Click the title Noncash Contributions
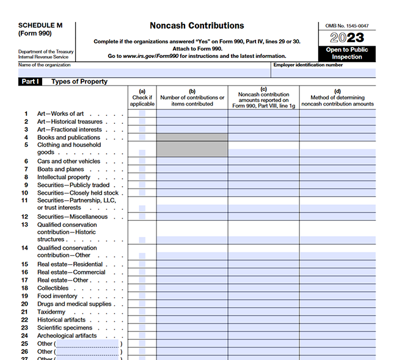click(x=197, y=26)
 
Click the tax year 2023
click(x=346, y=38)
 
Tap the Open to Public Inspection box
click(x=346, y=53)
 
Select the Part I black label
click(x=30, y=81)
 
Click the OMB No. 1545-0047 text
click(x=346, y=26)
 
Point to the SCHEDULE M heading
click(x=40, y=26)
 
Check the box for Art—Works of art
click(x=142, y=113)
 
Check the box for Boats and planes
click(x=142, y=169)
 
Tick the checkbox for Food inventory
click(x=142, y=296)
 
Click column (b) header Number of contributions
click(x=192, y=97)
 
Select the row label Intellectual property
click(x=64, y=177)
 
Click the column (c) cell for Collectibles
click(x=263, y=288)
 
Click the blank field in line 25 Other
click(x=87, y=344)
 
